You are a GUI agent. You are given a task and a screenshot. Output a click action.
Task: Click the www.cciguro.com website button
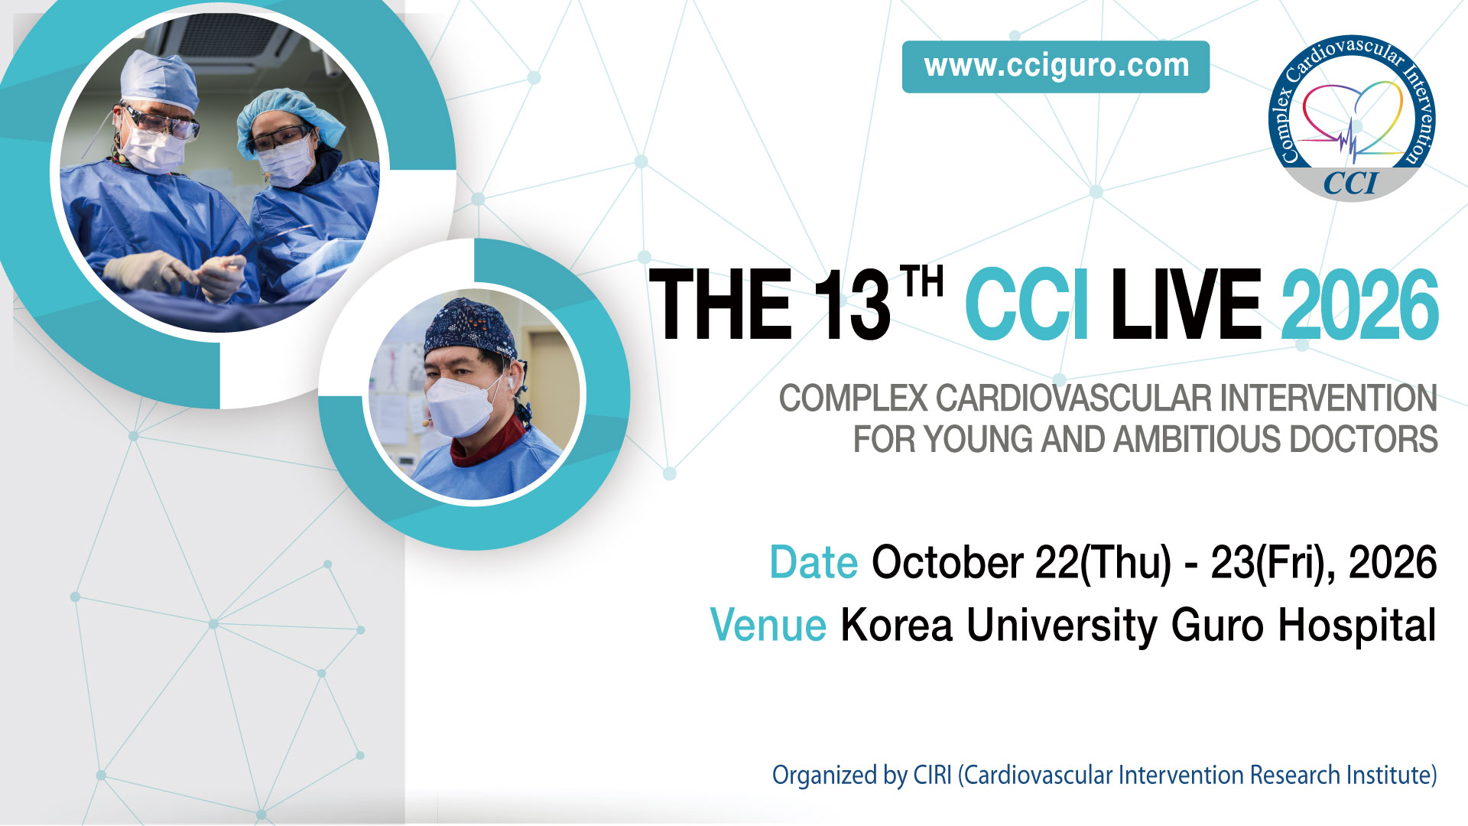1056,67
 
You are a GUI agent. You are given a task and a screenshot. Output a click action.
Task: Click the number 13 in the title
851,304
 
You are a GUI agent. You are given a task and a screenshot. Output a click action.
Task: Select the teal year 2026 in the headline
1360,304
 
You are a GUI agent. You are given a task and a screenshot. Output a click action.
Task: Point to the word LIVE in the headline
1186,304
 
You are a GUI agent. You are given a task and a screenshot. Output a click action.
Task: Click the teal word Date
814,562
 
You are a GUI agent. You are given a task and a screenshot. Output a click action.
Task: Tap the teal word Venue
768,625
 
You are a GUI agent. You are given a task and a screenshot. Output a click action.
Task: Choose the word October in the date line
947,562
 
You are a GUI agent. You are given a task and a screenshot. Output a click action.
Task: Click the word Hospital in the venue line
1357,626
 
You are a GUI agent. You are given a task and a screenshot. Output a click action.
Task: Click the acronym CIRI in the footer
932,775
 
